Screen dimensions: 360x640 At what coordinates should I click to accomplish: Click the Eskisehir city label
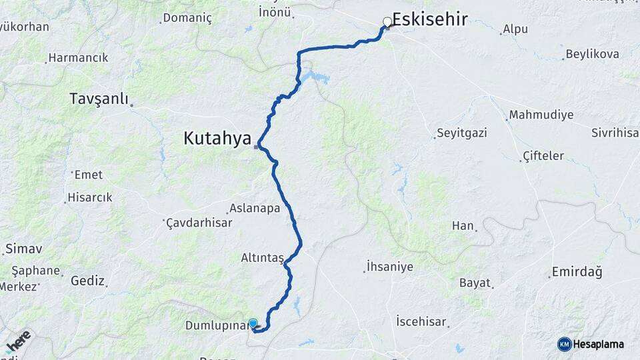point(429,19)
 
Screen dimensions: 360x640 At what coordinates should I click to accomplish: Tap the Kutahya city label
point(217,139)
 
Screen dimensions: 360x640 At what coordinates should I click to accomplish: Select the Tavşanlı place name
point(99,99)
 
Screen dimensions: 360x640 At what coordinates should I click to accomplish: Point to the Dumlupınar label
point(215,326)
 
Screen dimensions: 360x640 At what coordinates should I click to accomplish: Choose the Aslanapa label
point(255,208)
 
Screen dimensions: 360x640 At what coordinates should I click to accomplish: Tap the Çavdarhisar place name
point(199,223)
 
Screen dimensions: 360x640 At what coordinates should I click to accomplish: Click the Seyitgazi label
point(462,133)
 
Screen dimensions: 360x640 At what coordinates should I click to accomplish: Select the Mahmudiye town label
point(541,115)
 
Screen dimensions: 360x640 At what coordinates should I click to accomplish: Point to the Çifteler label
point(543,156)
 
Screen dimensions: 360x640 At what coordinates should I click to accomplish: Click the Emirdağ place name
point(577,273)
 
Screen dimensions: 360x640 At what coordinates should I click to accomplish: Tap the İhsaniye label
point(390,267)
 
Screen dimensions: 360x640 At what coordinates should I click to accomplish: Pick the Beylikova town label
point(592,54)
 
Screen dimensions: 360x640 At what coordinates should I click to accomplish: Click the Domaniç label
point(187,18)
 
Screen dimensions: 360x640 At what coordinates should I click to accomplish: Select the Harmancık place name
point(79,58)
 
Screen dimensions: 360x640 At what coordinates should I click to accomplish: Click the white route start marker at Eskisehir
point(387,22)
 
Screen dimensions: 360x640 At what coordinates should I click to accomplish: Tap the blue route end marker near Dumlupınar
point(253,323)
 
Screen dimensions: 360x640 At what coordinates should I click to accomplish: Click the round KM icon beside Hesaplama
point(564,344)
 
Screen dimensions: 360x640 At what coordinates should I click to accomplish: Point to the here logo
point(18,342)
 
